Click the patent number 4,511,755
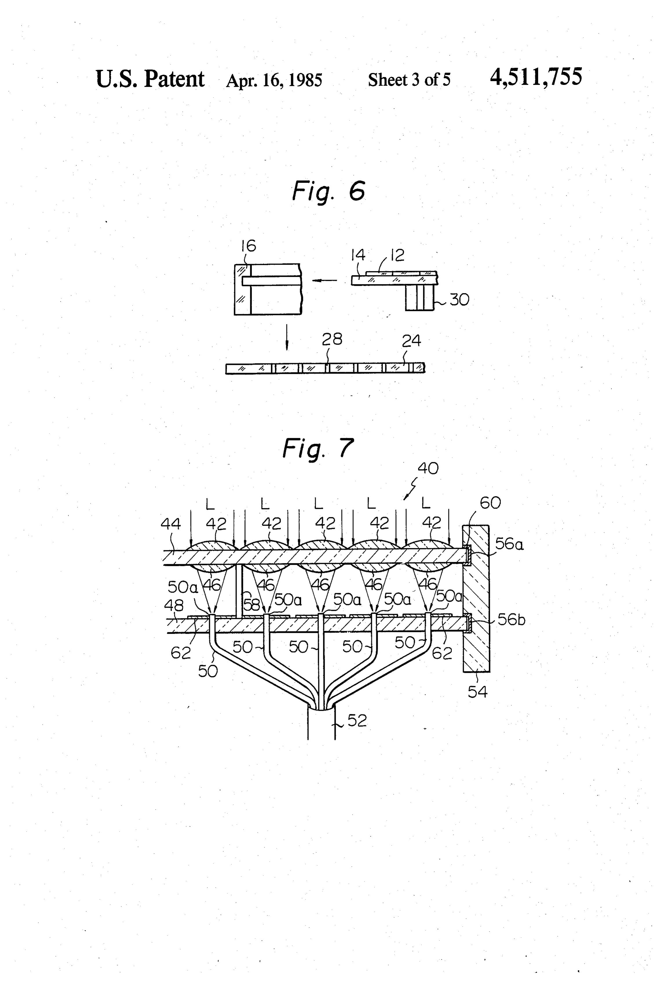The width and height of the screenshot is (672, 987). coord(536,77)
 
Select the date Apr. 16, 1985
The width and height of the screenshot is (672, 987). coord(274,80)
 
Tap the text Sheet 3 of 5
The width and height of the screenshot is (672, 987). coord(409,80)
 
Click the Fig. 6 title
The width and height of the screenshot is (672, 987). coord(329,191)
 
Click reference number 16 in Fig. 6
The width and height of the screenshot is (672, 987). coord(249,246)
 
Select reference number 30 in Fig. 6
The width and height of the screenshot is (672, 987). coord(459,300)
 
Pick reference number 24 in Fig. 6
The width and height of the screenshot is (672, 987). coord(411,341)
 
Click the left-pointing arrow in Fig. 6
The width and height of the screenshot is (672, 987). coord(324,280)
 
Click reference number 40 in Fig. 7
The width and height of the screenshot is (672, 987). coord(428,468)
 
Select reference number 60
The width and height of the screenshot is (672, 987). coord(490,503)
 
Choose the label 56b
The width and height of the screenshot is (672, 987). coord(511,620)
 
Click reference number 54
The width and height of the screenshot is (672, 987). coord(477,692)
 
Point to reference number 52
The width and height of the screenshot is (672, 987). coord(357,721)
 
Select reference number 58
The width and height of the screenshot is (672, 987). coord(251,604)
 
